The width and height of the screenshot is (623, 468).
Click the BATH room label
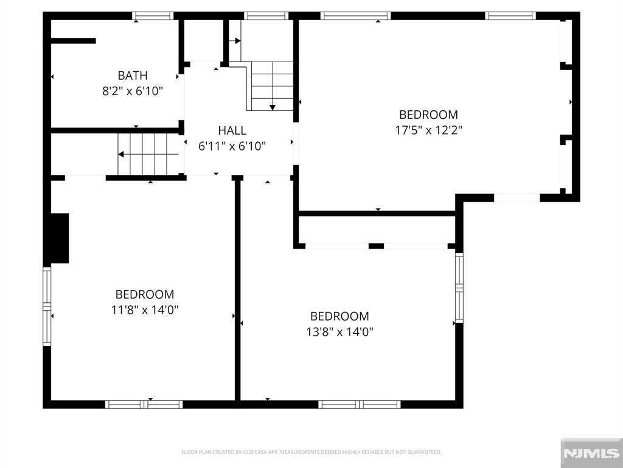pyautogui.click(x=133, y=76)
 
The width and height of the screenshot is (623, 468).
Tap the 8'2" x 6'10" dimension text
pyautogui.click(x=133, y=91)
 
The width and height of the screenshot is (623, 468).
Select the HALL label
pyautogui.click(x=232, y=130)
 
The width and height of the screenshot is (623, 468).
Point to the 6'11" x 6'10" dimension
pyautogui.click(x=232, y=146)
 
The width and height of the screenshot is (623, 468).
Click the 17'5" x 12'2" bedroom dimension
pyautogui.click(x=428, y=130)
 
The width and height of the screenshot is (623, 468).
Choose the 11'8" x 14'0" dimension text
pyautogui.click(x=145, y=310)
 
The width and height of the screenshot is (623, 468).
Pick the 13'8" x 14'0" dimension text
pyautogui.click(x=339, y=332)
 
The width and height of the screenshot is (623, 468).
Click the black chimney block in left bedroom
pyautogui.click(x=59, y=238)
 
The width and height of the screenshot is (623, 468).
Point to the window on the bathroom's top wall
pyautogui.click(x=153, y=16)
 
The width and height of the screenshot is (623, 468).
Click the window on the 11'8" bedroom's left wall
pyautogui.click(x=47, y=307)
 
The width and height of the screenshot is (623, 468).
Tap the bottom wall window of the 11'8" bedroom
pyautogui.click(x=144, y=404)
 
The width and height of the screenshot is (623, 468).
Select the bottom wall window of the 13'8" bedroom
pyautogui.click(x=360, y=404)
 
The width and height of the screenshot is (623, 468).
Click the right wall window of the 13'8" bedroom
pyautogui.click(x=459, y=288)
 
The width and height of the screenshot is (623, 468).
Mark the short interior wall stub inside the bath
pyautogui.click(x=73, y=41)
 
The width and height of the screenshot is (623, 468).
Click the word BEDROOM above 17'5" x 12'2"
pyautogui.click(x=428, y=114)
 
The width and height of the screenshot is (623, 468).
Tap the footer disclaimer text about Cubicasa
pyautogui.click(x=311, y=452)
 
